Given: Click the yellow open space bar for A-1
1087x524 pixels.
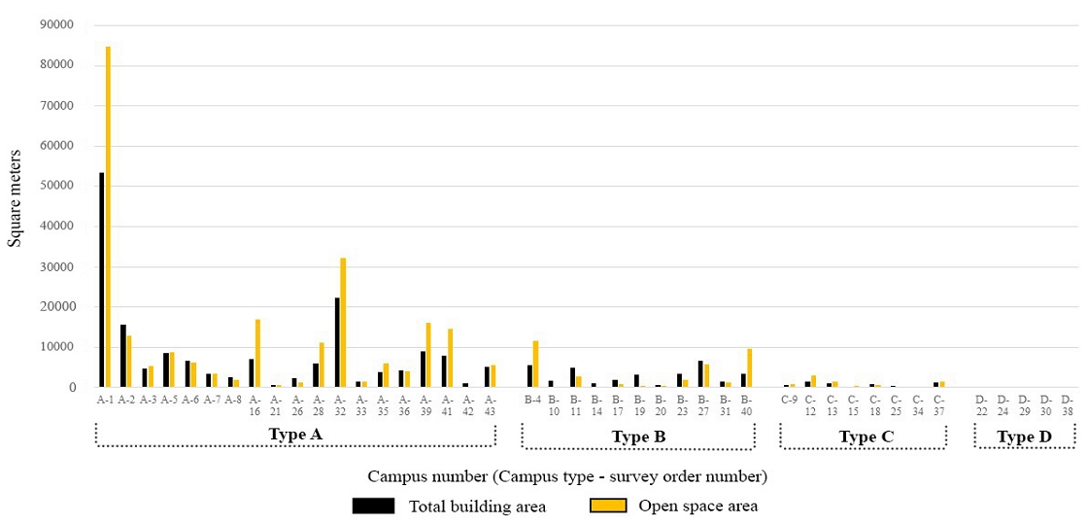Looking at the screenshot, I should tap(108, 217).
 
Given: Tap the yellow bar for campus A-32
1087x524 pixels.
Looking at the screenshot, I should tap(343, 323).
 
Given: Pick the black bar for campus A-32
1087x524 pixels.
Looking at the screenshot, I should tap(336, 342).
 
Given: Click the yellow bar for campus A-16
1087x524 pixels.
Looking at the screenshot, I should tap(257, 353).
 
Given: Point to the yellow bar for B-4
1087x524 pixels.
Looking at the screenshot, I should tap(535, 364).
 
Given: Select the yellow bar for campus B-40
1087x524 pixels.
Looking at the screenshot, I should tap(749, 367).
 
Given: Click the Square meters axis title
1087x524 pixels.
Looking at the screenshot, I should tap(15, 202).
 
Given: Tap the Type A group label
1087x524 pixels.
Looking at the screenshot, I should tap(294, 435).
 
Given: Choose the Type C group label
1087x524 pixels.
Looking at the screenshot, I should tap(866, 437).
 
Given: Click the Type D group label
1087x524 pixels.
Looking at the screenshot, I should tap(1024, 437).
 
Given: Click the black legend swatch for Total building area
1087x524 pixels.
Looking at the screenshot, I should tap(373, 506).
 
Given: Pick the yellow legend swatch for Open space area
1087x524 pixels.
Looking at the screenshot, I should tap(609, 506).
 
